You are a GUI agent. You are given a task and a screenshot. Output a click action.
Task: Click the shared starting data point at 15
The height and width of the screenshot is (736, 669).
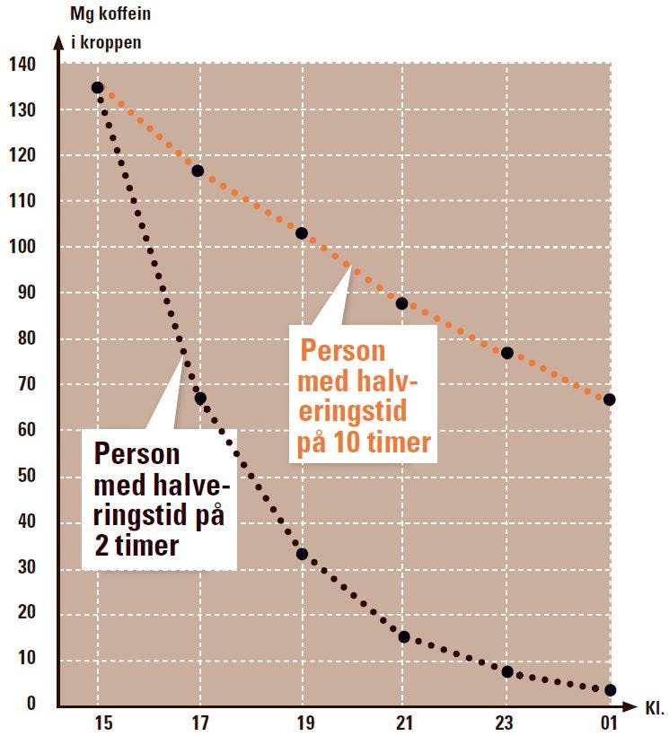[x=98, y=88]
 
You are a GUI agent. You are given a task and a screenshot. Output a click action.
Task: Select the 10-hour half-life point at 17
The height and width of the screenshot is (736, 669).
[x=198, y=171]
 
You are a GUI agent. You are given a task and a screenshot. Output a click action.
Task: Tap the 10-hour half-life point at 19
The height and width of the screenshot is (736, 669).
[x=302, y=233]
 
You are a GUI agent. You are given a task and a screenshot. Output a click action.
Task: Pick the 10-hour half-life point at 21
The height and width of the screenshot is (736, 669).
[x=402, y=303]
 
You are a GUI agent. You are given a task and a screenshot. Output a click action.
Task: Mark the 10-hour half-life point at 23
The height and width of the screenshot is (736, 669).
[x=507, y=353]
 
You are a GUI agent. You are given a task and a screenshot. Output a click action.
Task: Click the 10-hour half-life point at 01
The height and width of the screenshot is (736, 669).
[x=610, y=399]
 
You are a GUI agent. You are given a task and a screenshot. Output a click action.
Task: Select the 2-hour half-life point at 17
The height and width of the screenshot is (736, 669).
[x=200, y=398]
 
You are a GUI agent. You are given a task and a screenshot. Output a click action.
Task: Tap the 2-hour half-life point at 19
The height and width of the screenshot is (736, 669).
[x=302, y=554]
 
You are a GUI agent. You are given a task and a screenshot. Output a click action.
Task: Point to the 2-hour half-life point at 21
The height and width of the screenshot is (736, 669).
[x=404, y=636]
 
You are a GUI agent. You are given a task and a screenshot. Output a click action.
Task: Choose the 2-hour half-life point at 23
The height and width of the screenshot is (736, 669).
[x=507, y=671]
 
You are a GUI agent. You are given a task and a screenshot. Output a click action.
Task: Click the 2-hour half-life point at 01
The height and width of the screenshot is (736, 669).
[x=611, y=690]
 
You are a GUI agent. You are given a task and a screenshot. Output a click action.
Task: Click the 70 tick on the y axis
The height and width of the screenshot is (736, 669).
[x=26, y=385]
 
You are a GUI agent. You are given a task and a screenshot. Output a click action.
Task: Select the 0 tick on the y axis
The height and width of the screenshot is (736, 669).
[x=31, y=704]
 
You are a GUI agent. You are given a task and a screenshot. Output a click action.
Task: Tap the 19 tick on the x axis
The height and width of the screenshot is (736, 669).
[x=302, y=721]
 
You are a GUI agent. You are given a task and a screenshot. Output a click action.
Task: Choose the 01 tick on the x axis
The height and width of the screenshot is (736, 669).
[x=611, y=721]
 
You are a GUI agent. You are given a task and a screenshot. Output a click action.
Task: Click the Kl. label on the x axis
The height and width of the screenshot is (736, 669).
[x=654, y=708]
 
